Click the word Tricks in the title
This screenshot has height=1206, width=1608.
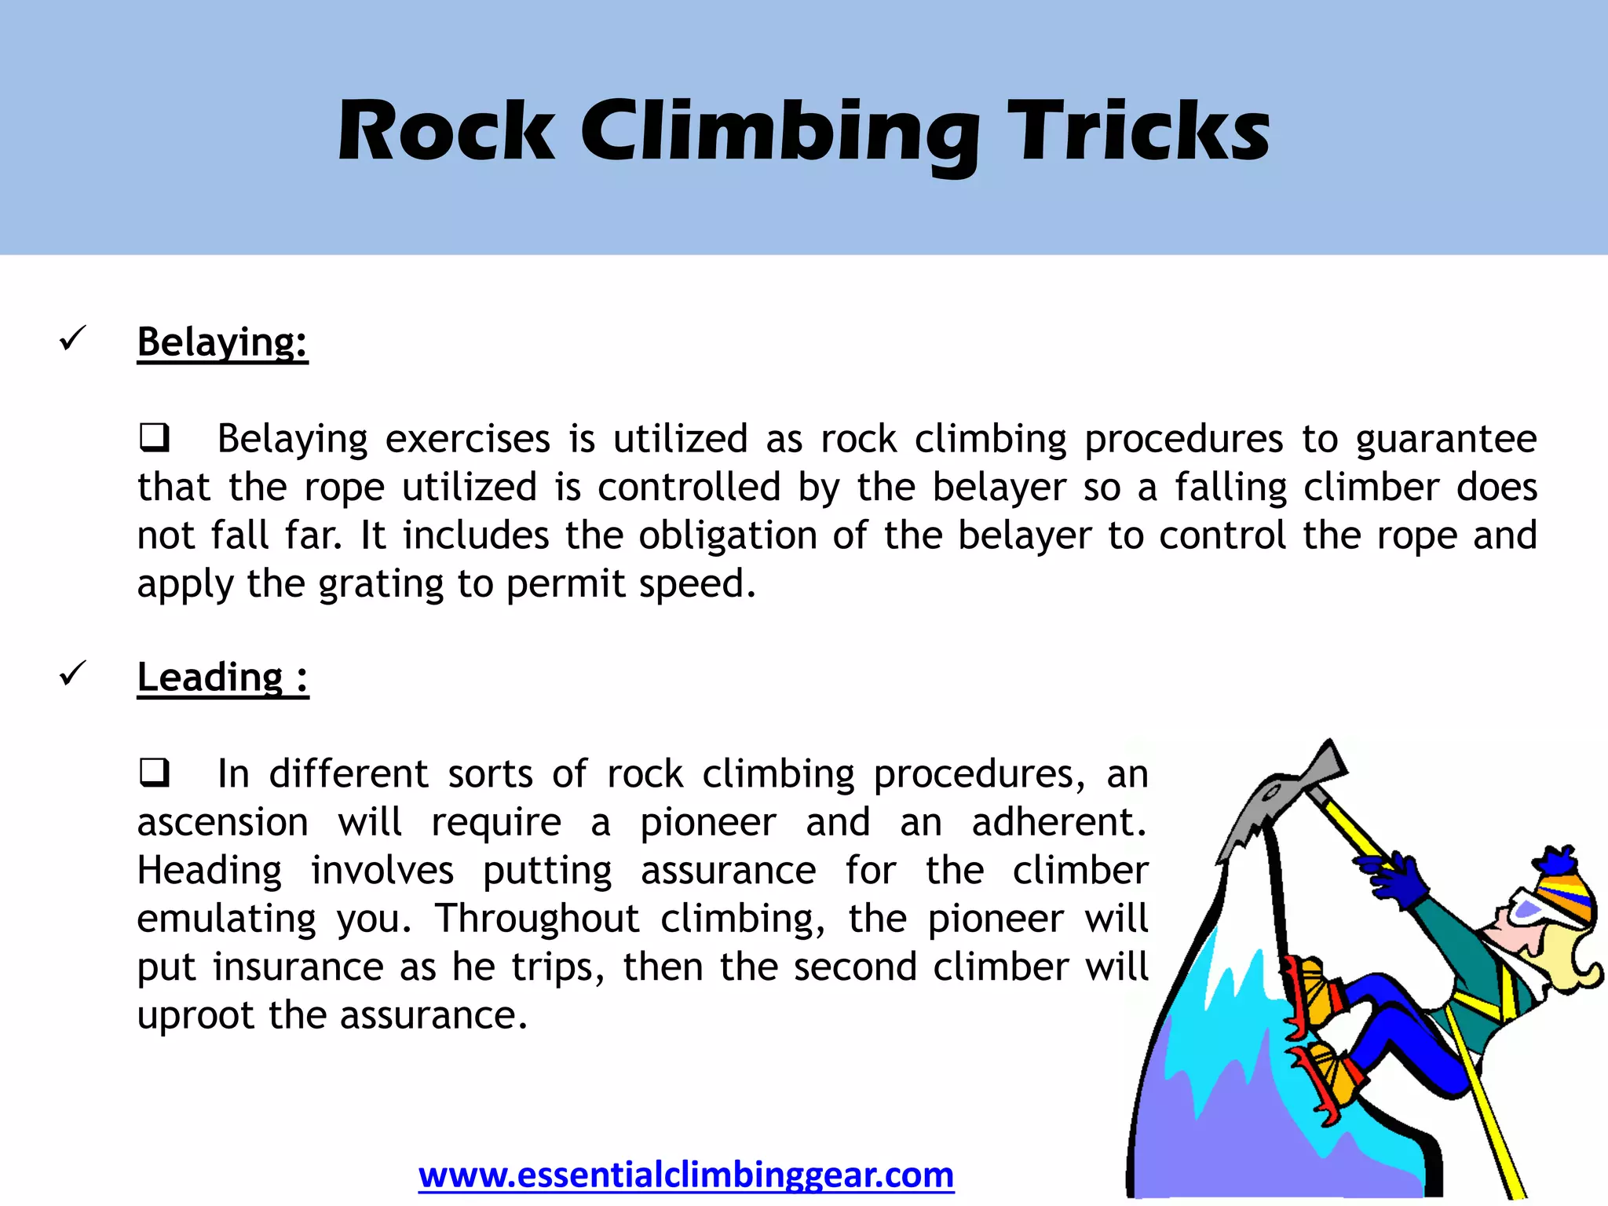point(1138,132)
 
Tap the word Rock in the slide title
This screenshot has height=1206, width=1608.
point(446,132)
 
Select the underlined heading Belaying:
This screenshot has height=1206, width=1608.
point(222,342)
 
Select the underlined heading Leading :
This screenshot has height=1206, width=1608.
point(222,677)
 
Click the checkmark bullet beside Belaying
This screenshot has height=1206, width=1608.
point(72,339)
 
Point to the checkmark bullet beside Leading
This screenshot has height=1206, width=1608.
point(72,674)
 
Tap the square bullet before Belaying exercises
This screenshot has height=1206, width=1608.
point(154,437)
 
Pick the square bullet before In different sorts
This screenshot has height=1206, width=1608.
point(154,773)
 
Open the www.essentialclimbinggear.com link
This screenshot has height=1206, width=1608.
point(685,1175)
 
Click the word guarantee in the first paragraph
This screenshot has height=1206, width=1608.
point(1445,439)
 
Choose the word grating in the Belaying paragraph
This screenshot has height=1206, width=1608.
point(380,585)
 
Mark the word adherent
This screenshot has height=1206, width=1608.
point(1058,822)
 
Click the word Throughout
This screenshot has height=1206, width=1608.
point(538,919)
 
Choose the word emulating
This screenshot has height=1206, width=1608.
point(226,919)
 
